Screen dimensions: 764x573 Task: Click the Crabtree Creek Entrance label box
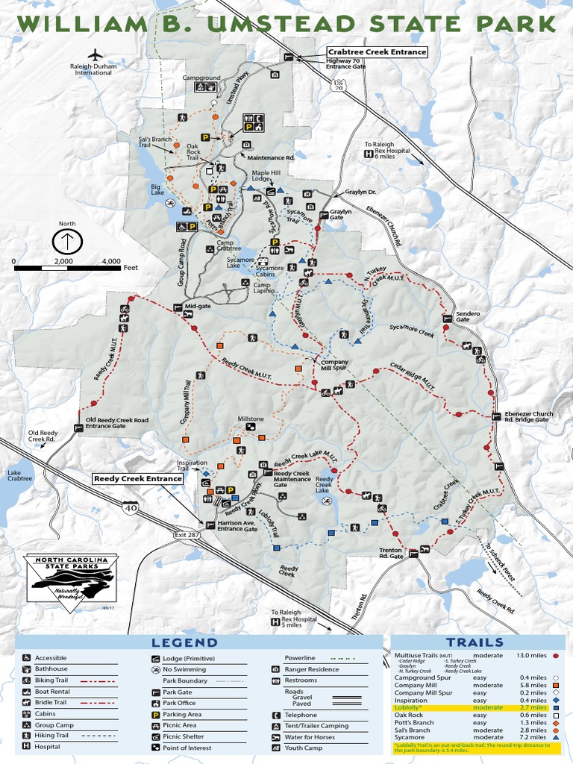tap(377, 52)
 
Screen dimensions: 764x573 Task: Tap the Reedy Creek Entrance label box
tap(138, 478)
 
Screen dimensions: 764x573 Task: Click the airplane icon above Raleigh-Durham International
tap(95, 54)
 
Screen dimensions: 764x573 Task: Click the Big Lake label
tap(157, 190)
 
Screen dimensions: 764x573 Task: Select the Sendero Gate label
tap(468, 316)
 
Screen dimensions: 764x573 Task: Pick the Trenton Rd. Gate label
tap(386, 553)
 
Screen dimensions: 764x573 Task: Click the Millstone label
tap(251, 419)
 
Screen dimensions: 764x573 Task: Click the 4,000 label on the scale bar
tap(110, 261)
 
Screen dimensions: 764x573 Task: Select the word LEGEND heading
tap(185, 642)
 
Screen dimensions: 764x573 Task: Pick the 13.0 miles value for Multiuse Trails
tap(532, 655)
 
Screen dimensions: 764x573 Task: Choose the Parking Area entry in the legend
tap(182, 714)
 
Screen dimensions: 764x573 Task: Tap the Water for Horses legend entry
tap(310, 736)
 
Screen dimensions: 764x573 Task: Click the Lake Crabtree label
tap(20, 475)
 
